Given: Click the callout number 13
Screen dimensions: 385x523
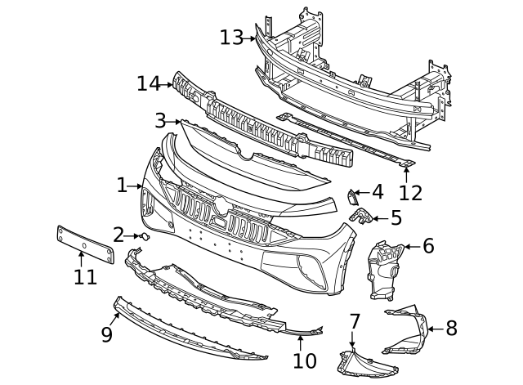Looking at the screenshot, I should [231, 38].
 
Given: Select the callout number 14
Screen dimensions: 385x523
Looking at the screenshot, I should [148, 83].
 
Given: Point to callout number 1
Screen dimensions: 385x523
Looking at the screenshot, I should [123, 186].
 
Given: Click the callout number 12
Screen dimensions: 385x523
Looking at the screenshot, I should [410, 193].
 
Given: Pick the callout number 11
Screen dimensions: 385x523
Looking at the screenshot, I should [84, 277].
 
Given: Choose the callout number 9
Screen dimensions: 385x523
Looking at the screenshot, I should [107, 335].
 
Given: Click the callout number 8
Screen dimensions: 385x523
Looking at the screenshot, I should [451, 329].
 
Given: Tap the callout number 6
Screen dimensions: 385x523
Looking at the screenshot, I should [428, 245].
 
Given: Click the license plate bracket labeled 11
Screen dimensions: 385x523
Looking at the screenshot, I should [84, 244].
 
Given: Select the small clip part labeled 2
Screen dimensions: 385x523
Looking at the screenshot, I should [145, 237].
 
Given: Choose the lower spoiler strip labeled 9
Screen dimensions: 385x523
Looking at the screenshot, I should [188, 332].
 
